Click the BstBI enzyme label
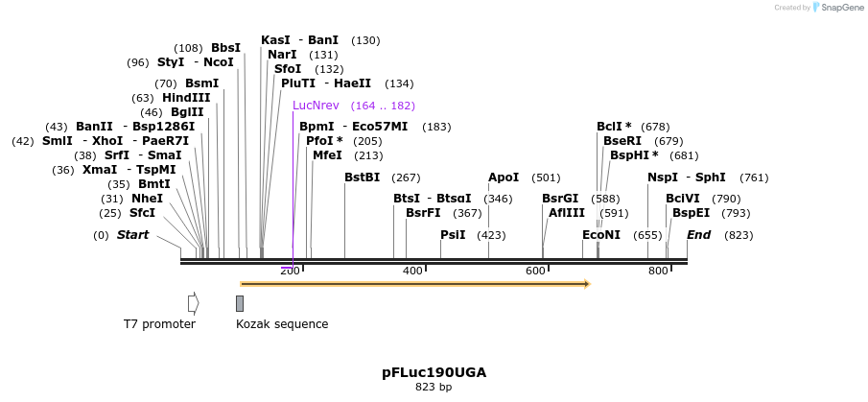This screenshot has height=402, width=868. click(x=363, y=177)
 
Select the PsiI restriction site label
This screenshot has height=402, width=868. click(x=453, y=235)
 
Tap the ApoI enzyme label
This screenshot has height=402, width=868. click(x=504, y=177)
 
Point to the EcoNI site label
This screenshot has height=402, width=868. click(x=601, y=235)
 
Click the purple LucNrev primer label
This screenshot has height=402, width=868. click(x=316, y=106)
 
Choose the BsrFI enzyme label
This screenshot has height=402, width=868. click(x=423, y=213)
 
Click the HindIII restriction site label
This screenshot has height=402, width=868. click(x=186, y=98)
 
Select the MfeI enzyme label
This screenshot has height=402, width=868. click(x=327, y=155)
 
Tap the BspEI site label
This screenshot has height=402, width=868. click(x=692, y=213)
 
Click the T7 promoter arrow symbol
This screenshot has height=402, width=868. click(x=194, y=303)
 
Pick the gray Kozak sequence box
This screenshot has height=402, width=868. click(x=240, y=303)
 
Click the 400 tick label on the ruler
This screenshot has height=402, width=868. click(x=412, y=272)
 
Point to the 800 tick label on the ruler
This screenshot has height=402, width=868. click(x=658, y=272)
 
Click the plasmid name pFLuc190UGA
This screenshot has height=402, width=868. click(x=434, y=372)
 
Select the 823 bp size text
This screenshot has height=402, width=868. click(x=434, y=388)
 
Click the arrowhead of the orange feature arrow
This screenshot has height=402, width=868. click(x=586, y=284)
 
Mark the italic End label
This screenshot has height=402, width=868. click(x=698, y=235)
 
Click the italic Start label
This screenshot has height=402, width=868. click(x=132, y=235)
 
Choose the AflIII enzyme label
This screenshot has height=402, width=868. click(x=567, y=213)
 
